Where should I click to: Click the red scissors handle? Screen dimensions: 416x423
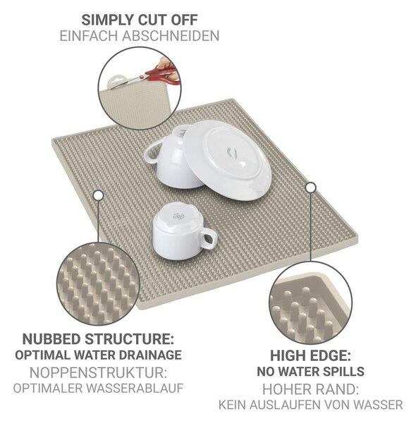(x=163, y=75)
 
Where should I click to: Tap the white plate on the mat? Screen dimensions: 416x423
(x=227, y=160)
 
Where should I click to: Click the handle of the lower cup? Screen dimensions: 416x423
(x=208, y=238)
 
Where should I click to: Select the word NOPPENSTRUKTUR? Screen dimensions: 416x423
(x=98, y=373)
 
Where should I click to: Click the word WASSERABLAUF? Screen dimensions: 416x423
(x=135, y=388)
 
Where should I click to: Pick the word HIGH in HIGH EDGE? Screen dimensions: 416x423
(x=288, y=355)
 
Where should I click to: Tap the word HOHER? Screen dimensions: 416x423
(x=286, y=389)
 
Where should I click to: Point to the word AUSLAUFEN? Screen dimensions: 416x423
(x=286, y=405)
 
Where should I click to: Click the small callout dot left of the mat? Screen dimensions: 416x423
(x=99, y=195)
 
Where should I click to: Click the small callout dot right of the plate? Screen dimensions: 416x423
(x=311, y=188)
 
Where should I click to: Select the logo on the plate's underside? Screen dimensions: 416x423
(x=232, y=152)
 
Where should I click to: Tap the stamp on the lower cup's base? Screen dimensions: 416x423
(x=178, y=216)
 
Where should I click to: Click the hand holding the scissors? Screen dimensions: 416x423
(x=168, y=67)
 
